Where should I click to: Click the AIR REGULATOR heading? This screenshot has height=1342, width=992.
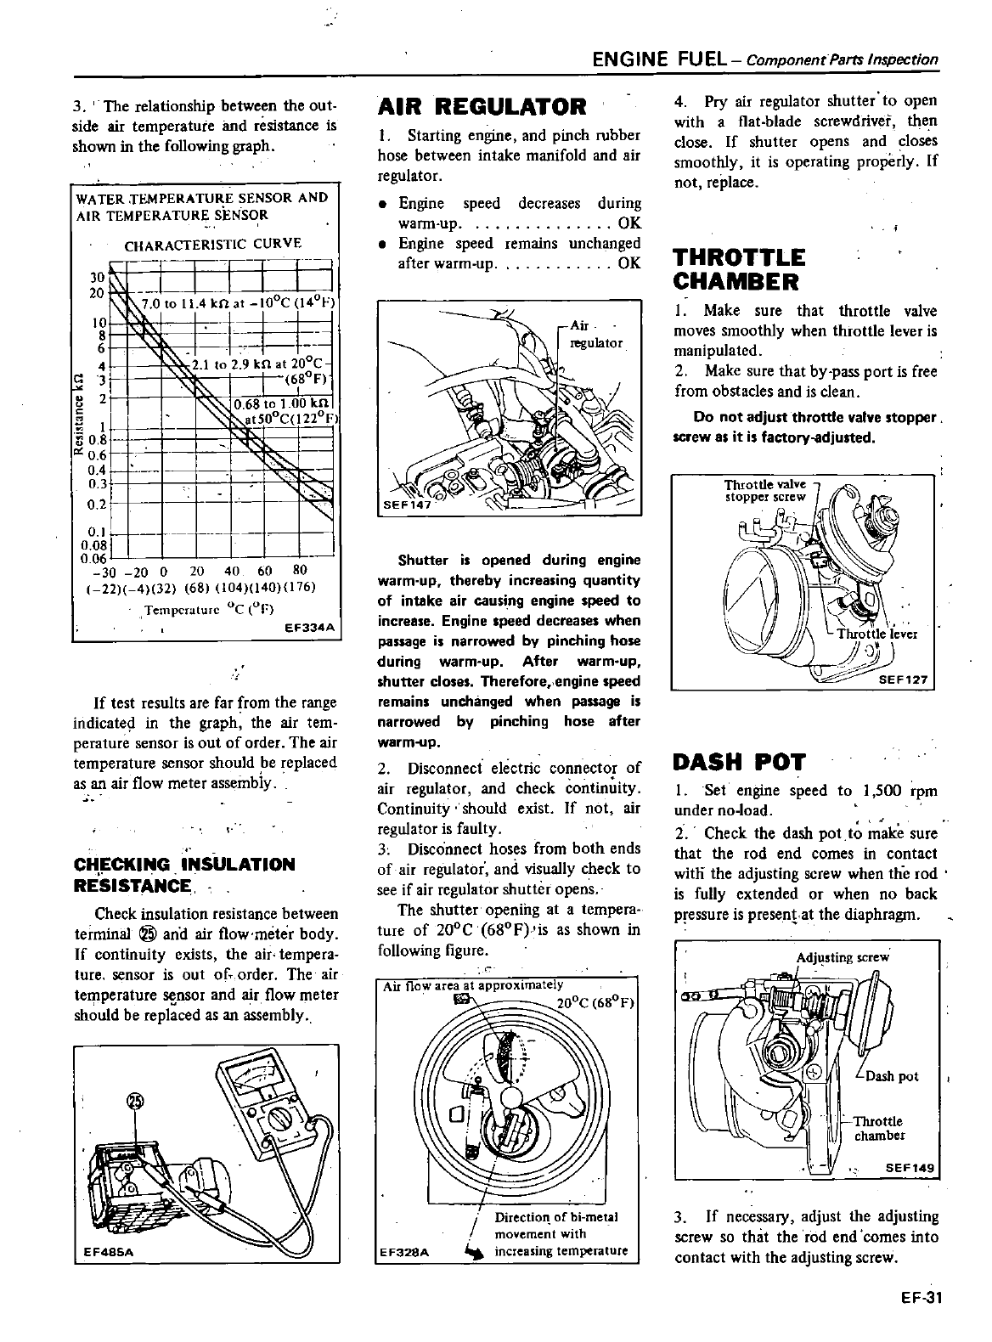pos(482,107)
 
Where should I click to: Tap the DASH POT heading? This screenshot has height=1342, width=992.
pos(738,761)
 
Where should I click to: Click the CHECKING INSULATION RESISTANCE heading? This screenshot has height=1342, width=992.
pos(185,875)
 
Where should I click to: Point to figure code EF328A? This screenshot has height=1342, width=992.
pos(403,1251)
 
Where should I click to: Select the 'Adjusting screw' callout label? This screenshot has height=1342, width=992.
pos(842,957)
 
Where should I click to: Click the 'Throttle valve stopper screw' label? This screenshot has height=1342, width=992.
pos(764,491)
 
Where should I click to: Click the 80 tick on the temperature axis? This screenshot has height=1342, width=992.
pos(299,571)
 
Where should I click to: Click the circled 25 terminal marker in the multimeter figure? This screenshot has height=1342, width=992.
pos(135,1102)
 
